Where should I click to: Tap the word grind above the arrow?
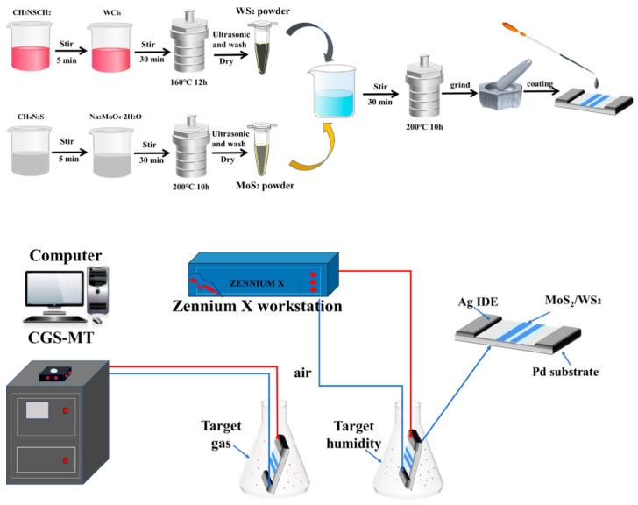click(x=462, y=86)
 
